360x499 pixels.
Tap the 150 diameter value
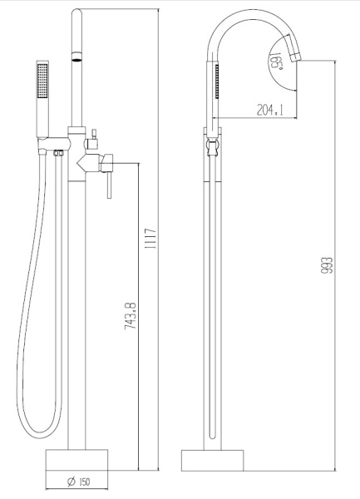click(x=86, y=481)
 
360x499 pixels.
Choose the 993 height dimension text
click(x=328, y=264)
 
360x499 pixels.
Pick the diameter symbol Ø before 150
click(x=72, y=481)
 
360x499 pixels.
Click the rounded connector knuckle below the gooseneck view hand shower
click(x=211, y=148)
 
